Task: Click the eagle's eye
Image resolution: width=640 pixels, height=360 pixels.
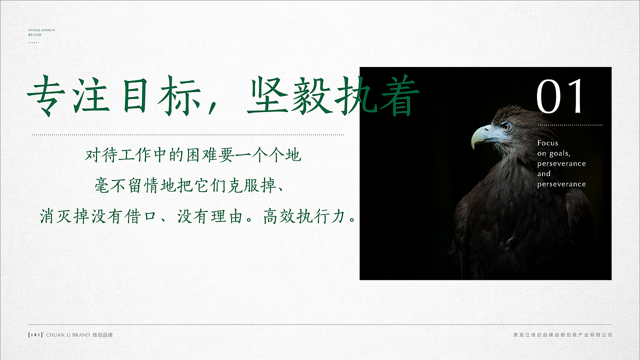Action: [506, 126]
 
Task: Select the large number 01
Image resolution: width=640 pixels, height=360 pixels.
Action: [560, 96]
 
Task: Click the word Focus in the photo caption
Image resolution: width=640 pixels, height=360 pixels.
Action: [547, 143]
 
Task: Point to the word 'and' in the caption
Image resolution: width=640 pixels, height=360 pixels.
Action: [544, 174]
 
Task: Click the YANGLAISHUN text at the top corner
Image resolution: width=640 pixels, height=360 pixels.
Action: [41, 30]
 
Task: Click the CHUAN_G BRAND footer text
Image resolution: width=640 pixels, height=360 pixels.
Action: [68, 335]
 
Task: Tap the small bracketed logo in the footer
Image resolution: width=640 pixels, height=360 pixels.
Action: [35, 335]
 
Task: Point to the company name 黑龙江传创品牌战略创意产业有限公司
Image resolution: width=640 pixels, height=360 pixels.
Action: [562, 335]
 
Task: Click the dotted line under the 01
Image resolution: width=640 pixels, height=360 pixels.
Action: [570, 125]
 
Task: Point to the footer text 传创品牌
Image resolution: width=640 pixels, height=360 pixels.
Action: [103, 335]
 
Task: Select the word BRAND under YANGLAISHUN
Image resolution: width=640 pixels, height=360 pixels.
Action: [34, 35]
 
